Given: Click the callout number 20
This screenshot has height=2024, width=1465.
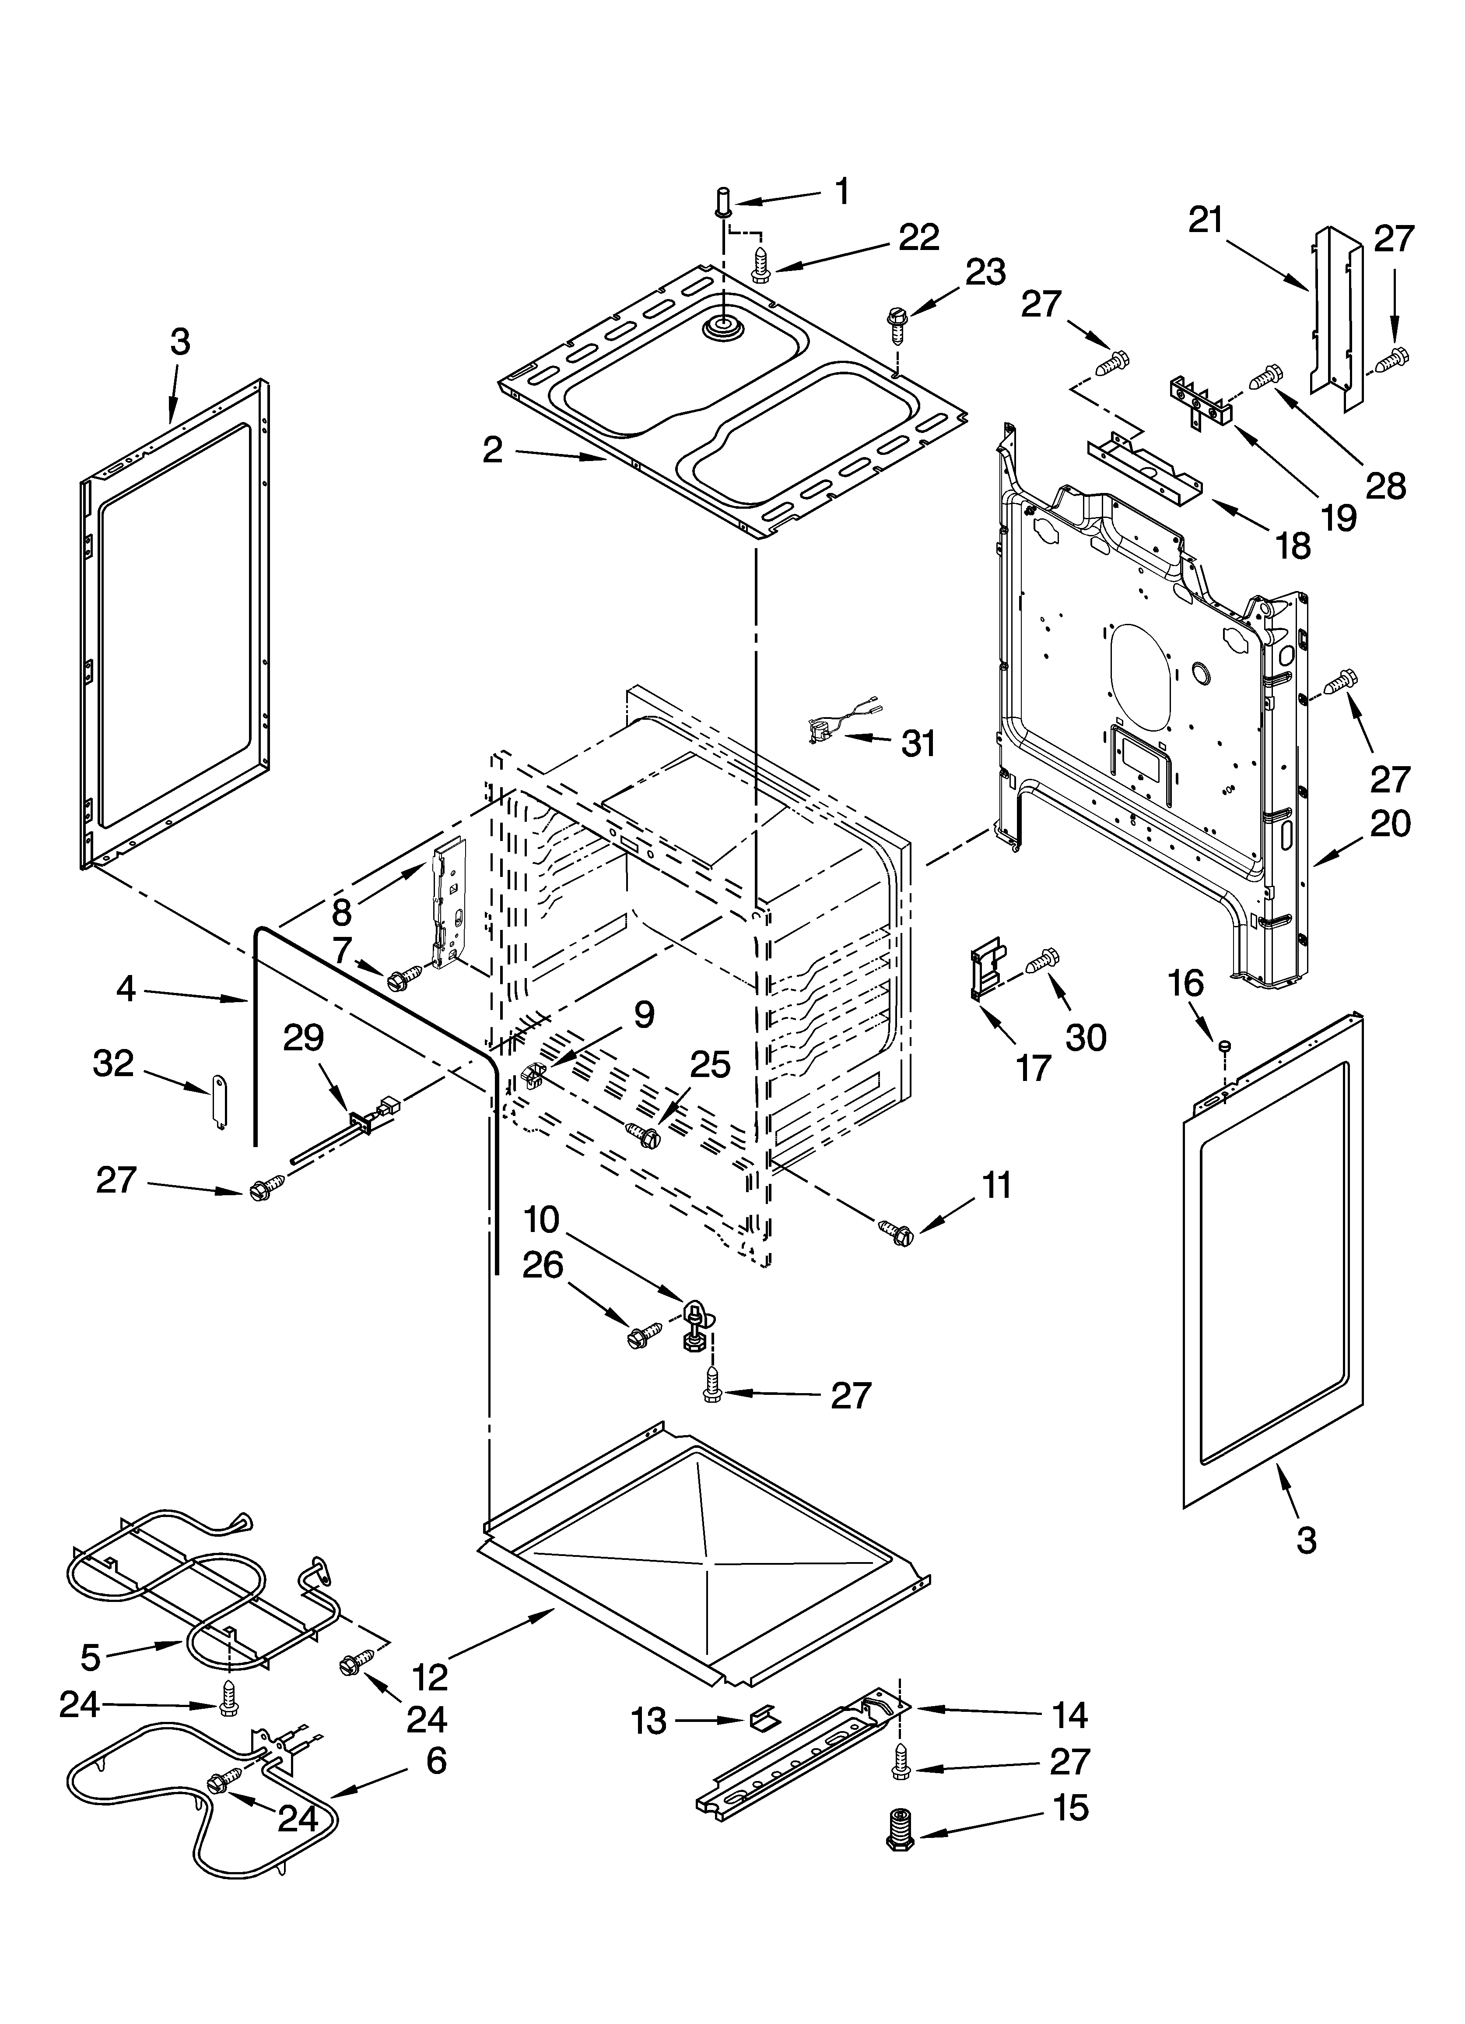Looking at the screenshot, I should (x=1390, y=823).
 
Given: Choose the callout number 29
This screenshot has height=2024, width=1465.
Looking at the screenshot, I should (x=303, y=1038).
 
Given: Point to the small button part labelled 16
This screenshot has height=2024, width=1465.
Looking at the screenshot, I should (x=1225, y=1042).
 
